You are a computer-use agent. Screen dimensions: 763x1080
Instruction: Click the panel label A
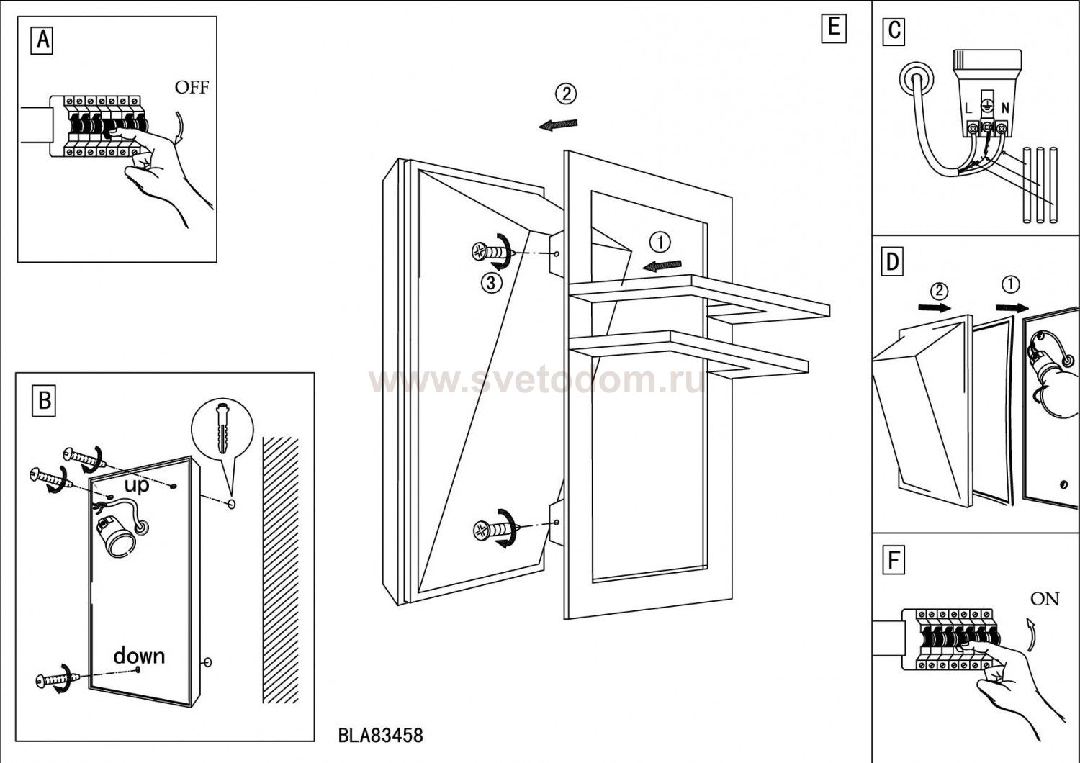pos(42,40)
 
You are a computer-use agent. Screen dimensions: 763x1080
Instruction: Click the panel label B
pos(45,399)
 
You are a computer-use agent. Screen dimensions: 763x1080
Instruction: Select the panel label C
pos(894,31)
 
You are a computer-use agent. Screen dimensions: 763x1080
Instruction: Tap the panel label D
pos(893,263)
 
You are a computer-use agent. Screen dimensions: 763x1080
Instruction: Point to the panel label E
pos(833,28)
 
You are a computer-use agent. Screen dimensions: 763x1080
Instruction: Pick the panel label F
pos(894,560)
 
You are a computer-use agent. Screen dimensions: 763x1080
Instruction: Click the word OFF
pos(192,88)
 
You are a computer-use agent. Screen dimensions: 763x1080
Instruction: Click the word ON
pos(1044,598)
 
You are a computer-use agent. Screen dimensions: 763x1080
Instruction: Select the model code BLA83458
pos(380,736)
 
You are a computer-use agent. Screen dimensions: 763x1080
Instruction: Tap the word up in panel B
pos(136,485)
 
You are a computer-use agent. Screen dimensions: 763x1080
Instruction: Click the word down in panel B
pos(139,656)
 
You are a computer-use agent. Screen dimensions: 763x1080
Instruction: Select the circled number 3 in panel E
pos(491,283)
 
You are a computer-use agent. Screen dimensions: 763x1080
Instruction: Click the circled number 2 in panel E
pos(565,94)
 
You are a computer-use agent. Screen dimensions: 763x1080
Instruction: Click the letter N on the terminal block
pos(1005,109)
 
